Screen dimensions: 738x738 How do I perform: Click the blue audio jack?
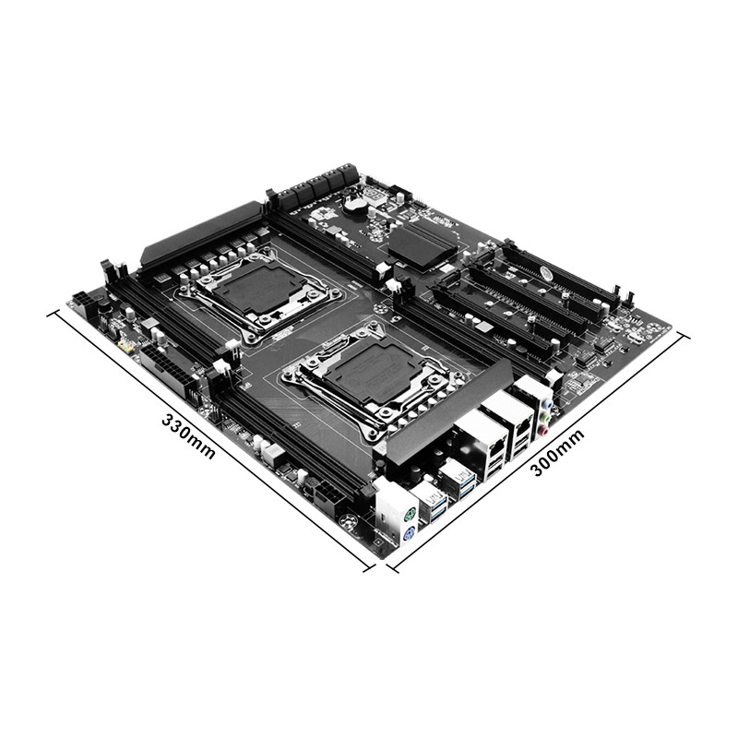click(549, 402)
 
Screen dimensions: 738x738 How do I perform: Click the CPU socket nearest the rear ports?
click(353, 378)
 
